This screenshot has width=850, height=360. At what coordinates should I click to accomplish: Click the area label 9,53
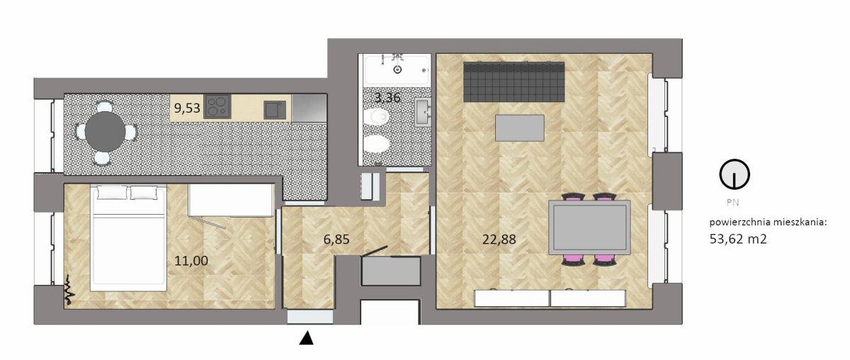click(187, 108)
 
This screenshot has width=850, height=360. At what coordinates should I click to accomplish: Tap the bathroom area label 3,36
click(387, 98)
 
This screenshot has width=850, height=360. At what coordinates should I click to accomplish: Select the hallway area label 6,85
click(336, 240)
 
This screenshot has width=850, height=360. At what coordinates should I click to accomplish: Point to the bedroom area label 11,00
click(191, 261)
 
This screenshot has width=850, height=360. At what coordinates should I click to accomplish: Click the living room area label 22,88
click(499, 240)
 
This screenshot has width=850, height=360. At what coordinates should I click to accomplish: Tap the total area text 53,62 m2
click(738, 239)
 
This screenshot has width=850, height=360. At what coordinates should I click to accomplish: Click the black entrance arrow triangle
click(306, 338)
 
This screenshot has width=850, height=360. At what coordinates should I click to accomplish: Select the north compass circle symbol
click(735, 174)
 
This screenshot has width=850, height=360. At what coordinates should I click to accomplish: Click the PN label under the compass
click(732, 203)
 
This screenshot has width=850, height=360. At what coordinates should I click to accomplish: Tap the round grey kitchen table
click(105, 131)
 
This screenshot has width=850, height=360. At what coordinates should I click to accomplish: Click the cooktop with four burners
click(217, 107)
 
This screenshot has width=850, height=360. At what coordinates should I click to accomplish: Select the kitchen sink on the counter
click(275, 110)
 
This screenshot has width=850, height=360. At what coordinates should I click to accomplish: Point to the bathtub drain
click(397, 69)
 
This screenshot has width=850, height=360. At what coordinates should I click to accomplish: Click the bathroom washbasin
click(423, 112)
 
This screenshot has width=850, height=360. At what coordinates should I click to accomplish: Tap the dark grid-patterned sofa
click(514, 82)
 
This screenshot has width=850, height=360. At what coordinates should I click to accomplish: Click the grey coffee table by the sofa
click(519, 128)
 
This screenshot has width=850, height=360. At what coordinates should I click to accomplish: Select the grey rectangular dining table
click(589, 227)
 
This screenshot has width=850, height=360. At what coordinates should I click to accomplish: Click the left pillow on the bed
click(113, 192)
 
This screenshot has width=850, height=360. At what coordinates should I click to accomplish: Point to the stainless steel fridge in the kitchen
click(310, 108)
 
